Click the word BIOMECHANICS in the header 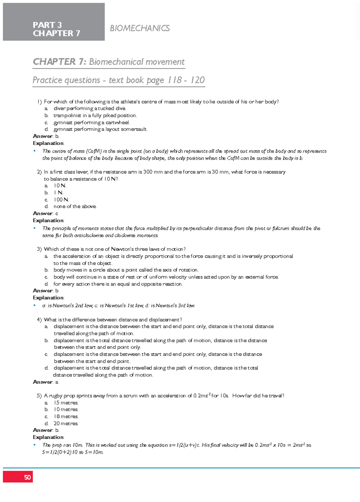140,28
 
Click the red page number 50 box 18,477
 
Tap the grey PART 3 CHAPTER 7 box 54,22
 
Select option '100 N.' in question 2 61,200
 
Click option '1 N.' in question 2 58,193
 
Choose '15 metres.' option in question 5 66,403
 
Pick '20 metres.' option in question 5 66,423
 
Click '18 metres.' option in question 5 66,417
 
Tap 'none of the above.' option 75,206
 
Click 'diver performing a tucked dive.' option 90,108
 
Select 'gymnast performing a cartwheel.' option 91,123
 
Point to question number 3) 39,249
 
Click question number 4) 39,320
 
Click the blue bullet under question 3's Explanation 35,306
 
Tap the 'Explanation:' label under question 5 48,437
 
